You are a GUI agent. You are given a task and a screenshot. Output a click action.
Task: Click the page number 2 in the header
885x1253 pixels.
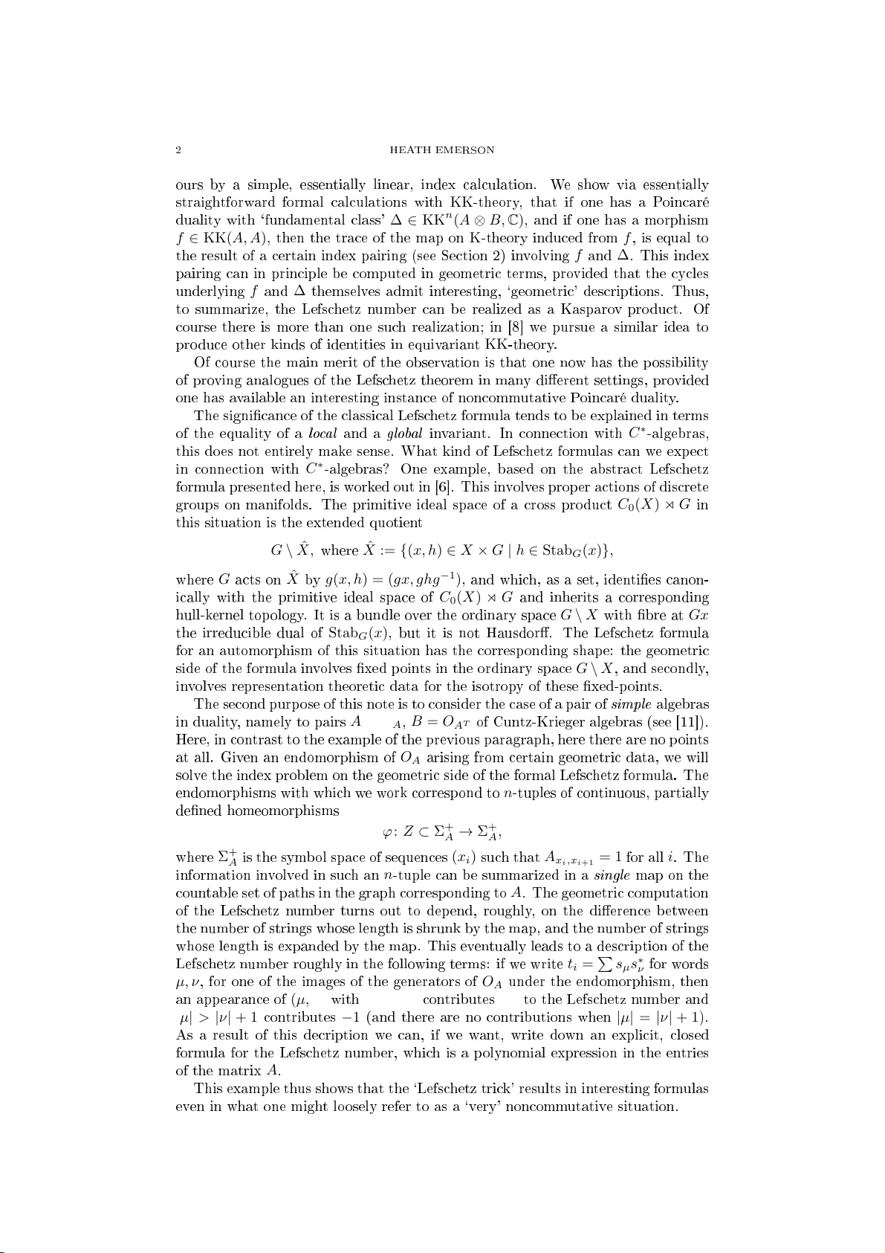click(178, 150)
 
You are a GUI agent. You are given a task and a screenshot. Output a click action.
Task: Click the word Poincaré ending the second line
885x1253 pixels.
click(680, 202)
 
